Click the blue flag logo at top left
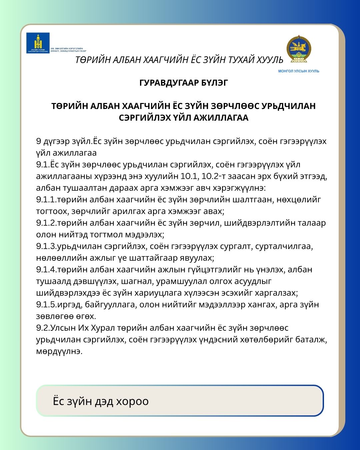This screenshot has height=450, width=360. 38,43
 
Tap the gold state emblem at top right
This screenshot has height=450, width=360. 298,49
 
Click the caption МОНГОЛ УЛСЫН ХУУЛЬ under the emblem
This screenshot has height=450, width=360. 299,71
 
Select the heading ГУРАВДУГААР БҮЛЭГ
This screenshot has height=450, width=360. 184,83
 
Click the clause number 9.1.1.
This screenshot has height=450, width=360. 46,199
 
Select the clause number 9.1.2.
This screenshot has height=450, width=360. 46,223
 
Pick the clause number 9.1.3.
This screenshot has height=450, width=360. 46,246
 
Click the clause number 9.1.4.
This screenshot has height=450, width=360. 46,269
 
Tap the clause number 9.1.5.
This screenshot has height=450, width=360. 46,304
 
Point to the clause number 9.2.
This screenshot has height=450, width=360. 43,328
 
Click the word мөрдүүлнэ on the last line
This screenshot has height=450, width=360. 59,351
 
